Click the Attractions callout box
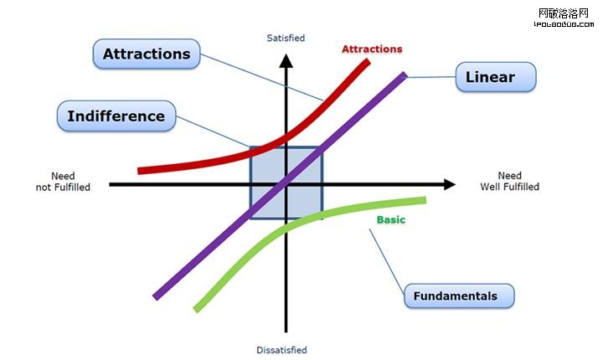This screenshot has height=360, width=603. coord(147,54)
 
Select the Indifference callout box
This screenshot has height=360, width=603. coord(116,116)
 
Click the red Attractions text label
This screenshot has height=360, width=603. coord(372,49)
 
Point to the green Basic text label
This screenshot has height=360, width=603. coord(390,219)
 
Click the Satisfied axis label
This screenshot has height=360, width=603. coord(286,39)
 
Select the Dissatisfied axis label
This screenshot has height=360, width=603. coord(281,350)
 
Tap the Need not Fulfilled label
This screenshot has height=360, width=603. coord(64,182)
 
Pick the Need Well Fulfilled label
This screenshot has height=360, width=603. coord(509,182)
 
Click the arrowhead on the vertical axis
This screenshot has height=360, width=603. coord(286,61)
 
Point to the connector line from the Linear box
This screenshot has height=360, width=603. coord(430,78)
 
